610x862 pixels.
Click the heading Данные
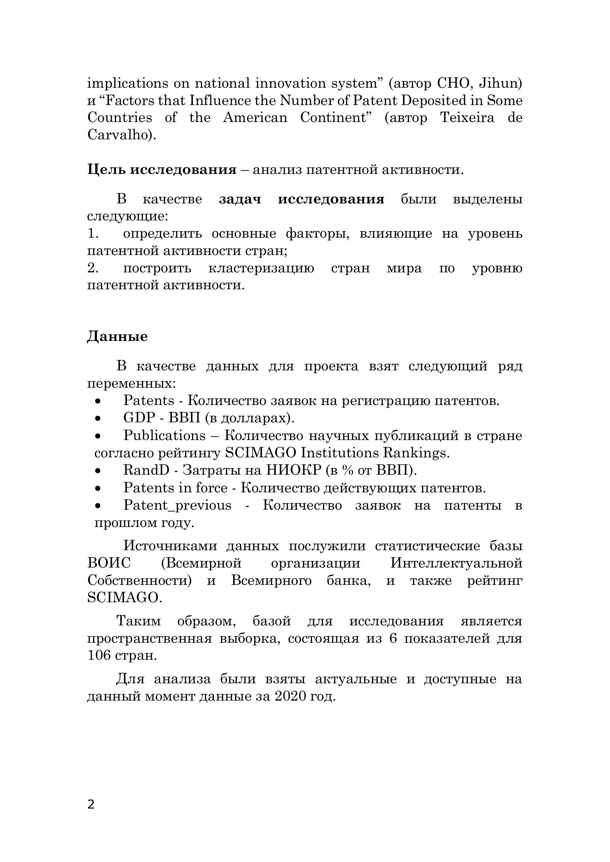[x=117, y=336]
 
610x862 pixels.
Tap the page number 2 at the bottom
[x=91, y=805]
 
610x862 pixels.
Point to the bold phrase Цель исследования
[x=162, y=170]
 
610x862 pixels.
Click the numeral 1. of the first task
[x=93, y=234]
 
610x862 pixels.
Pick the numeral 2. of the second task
[x=93, y=268]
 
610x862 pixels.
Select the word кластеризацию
[x=261, y=268]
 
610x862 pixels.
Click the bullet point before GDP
[x=98, y=419]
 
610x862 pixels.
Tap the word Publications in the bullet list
[x=164, y=436]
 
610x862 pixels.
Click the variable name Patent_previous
[x=177, y=505]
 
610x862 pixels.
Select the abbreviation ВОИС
[x=109, y=563]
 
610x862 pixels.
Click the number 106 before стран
[x=99, y=656]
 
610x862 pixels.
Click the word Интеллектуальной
[x=456, y=563]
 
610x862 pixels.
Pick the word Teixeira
[x=467, y=118]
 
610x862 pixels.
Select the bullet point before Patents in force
[x=98, y=488]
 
